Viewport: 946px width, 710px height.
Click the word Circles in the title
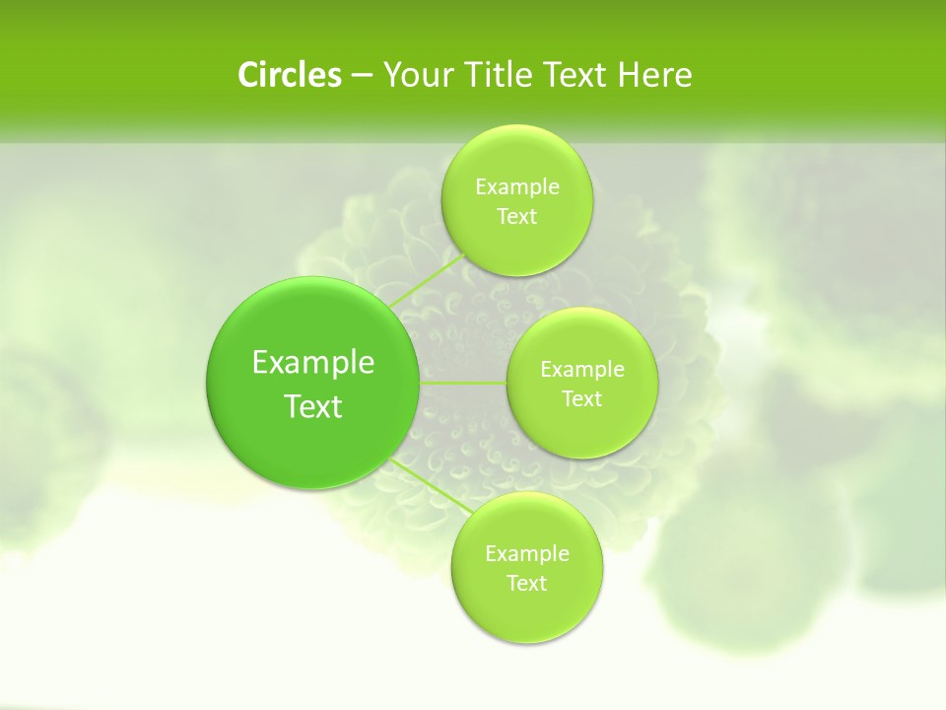point(289,75)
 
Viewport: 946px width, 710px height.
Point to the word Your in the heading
point(413,75)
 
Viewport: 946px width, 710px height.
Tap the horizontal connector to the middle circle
point(463,383)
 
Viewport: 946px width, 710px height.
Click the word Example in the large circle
point(313,363)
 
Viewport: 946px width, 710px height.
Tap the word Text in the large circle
point(313,406)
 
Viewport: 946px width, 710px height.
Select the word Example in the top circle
point(517,186)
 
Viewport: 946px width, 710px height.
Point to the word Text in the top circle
point(516,216)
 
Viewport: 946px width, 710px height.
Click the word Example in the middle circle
point(582,369)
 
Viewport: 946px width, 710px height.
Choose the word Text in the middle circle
point(581,398)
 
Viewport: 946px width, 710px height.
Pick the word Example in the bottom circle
point(527,553)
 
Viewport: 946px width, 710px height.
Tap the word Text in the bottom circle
point(526,583)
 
